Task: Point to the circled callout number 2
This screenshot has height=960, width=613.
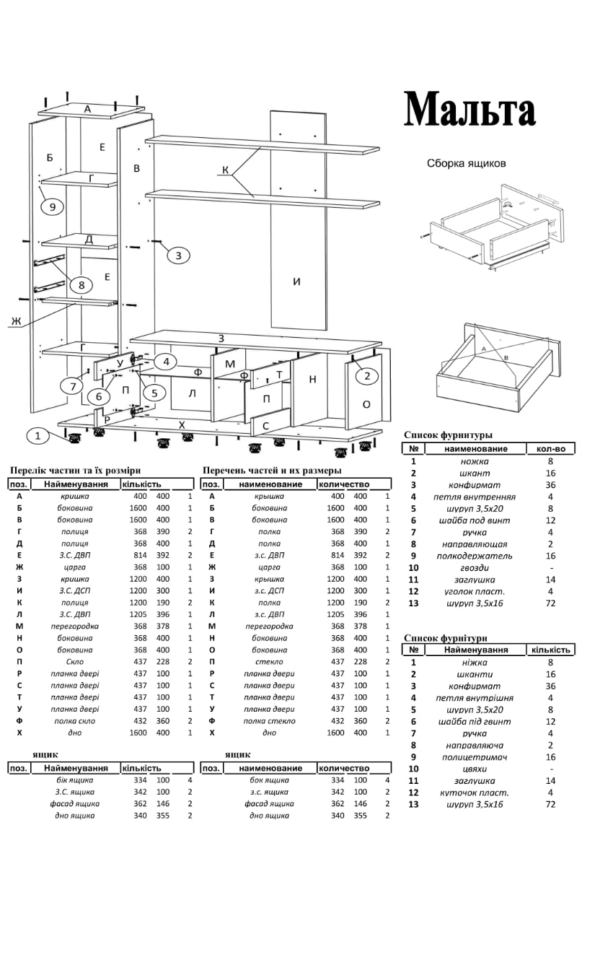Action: pos(366,375)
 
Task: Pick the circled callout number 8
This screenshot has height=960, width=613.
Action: pos(81,285)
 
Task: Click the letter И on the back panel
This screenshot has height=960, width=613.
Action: pos(296,282)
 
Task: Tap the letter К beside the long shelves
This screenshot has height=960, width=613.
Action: pos(226,170)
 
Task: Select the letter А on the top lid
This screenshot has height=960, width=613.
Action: pos(87,109)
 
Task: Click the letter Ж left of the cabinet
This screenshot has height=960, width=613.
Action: pos(15,320)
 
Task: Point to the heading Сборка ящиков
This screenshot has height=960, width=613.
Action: pos(466,163)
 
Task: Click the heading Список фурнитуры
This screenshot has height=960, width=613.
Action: pos(448,435)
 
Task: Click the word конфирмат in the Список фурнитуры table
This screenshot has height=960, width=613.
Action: pos(475,485)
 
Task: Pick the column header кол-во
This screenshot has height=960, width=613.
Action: pos(550,449)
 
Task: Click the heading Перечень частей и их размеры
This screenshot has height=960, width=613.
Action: pos(272,471)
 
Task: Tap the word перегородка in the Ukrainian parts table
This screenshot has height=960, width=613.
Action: pos(75,627)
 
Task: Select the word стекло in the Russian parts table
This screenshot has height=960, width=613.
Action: pos(270,662)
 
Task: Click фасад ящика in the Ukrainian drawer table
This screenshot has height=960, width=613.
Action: pos(75,803)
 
